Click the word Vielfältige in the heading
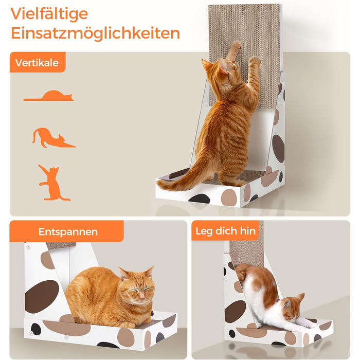(x=49, y=14)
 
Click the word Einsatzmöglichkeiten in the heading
(x=95, y=33)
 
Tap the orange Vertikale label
(x=38, y=62)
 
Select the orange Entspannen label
(x=66, y=231)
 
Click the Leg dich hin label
(x=225, y=231)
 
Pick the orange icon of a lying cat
(x=49, y=96)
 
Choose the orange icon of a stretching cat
(x=53, y=138)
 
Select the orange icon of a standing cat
(x=52, y=183)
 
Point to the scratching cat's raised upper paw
(x=236, y=45)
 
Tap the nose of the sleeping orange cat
(x=142, y=298)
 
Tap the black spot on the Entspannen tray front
(x=36, y=329)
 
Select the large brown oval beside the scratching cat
(x=278, y=148)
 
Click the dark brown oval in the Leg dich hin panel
(x=235, y=311)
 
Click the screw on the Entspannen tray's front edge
(x=66, y=337)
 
